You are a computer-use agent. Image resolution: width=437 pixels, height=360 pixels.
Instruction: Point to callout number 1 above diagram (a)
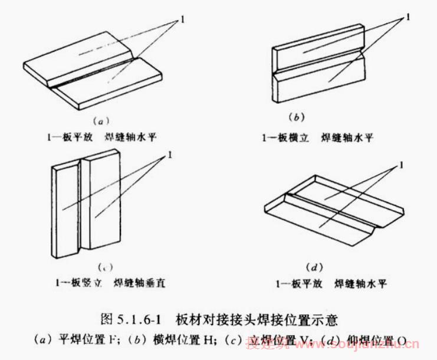click(183, 19)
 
